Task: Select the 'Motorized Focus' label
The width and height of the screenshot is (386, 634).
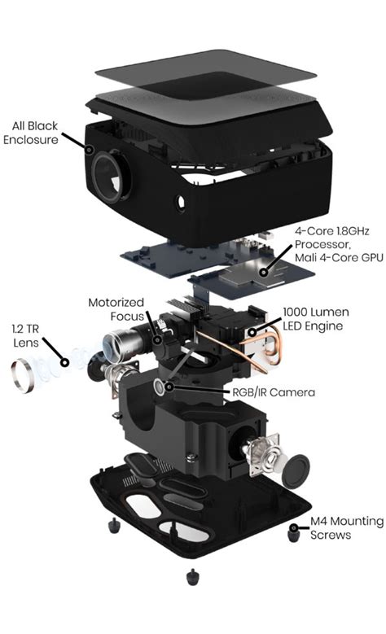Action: click(x=116, y=309)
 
